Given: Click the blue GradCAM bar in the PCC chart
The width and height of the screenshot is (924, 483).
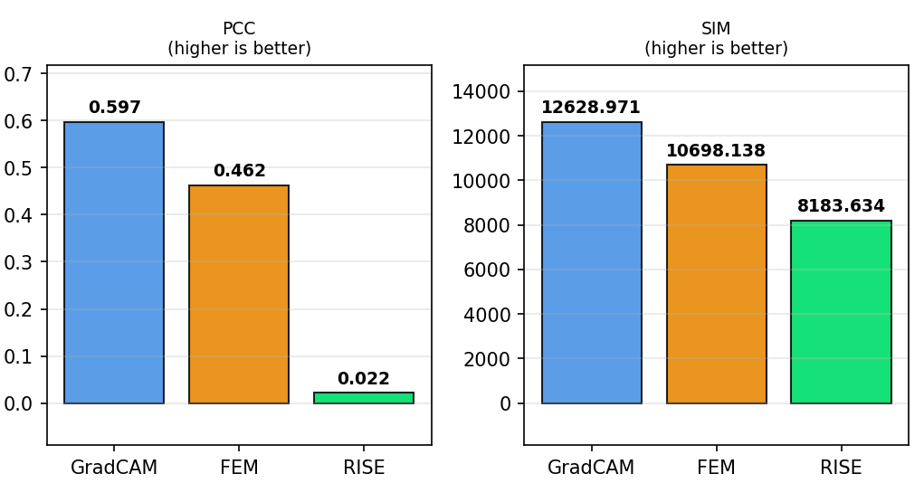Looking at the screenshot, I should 114,262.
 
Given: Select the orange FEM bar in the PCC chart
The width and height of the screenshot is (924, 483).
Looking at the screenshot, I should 239,294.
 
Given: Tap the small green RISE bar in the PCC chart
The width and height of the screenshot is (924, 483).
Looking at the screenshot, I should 364,398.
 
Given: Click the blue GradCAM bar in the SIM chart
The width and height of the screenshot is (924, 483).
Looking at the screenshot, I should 591,262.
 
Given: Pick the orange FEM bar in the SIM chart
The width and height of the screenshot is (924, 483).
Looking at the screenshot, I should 716,284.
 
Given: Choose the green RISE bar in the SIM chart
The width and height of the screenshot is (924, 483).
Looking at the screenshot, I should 841,312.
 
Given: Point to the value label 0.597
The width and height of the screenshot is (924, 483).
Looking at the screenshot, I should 114,108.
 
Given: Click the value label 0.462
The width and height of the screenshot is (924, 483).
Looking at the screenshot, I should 239,171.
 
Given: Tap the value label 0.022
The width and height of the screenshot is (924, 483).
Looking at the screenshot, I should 364,379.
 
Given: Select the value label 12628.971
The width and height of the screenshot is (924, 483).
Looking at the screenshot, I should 591,108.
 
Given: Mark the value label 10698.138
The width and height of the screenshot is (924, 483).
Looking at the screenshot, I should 716,151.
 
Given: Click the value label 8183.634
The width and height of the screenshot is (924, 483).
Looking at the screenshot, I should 841,206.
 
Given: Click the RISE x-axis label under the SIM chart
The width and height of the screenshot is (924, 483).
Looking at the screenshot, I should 841,468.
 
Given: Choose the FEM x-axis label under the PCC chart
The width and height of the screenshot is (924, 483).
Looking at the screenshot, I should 239,468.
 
